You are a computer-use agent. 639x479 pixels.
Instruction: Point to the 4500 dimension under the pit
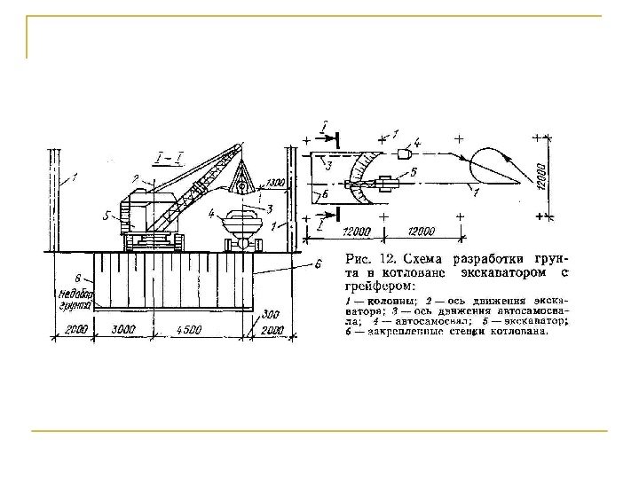tap(188, 330)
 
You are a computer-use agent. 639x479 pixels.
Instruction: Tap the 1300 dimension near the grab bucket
tap(275, 183)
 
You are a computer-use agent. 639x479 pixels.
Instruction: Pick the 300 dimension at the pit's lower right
tap(273, 314)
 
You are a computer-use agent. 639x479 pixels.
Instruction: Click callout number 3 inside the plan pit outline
tap(328, 165)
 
